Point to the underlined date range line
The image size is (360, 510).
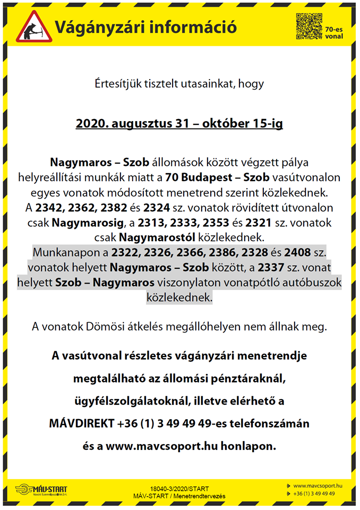click(x=179, y=124)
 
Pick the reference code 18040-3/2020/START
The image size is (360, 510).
click(x=179, y=488)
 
